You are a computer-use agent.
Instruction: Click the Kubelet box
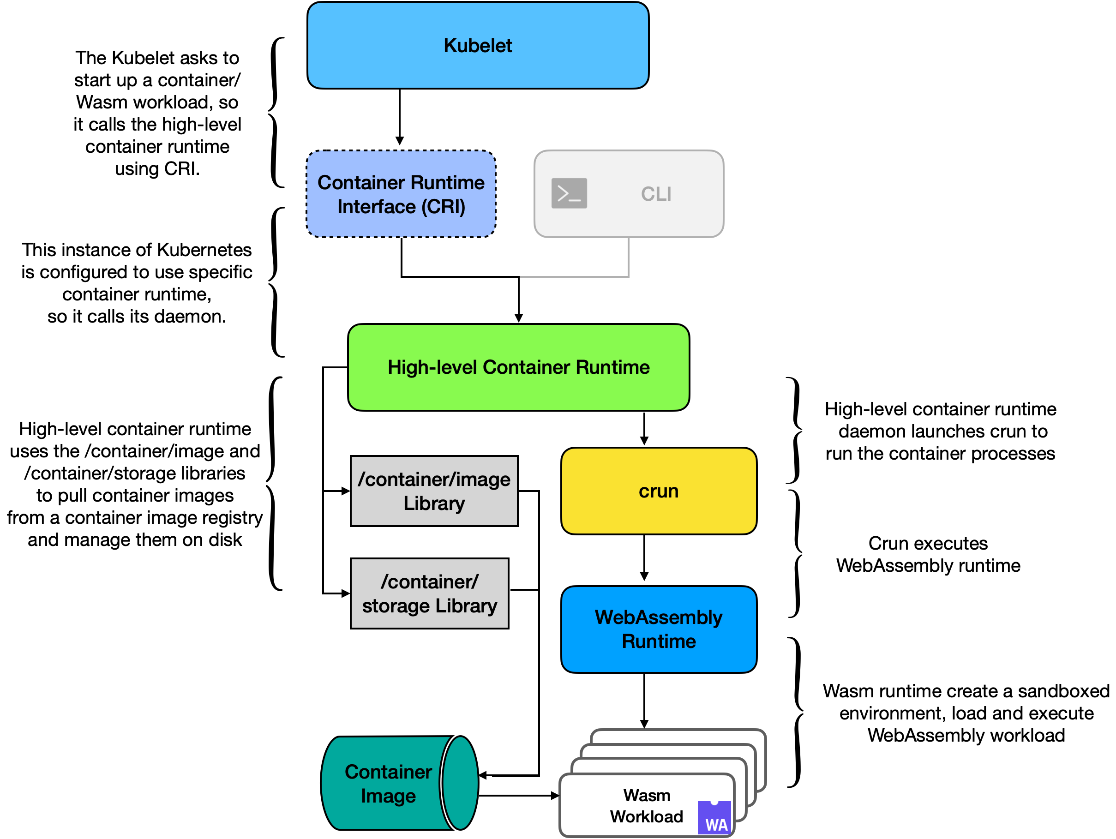coord(478,45)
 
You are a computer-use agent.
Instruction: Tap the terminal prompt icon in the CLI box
coord(569,193)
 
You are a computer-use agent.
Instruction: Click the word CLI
coord(656,194)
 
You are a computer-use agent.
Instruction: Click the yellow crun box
coord(659,491)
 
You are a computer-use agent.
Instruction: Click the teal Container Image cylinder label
coord(388,784)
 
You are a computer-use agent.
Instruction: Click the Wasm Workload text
coord(646,806)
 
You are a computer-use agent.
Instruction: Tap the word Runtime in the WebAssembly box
coord(659,641)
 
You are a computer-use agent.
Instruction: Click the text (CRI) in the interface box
coord(444,207)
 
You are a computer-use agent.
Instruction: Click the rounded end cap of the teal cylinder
coord(460,783)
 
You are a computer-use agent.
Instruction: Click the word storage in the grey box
coord(396,606)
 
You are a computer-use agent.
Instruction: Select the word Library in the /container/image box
coord(434,503)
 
